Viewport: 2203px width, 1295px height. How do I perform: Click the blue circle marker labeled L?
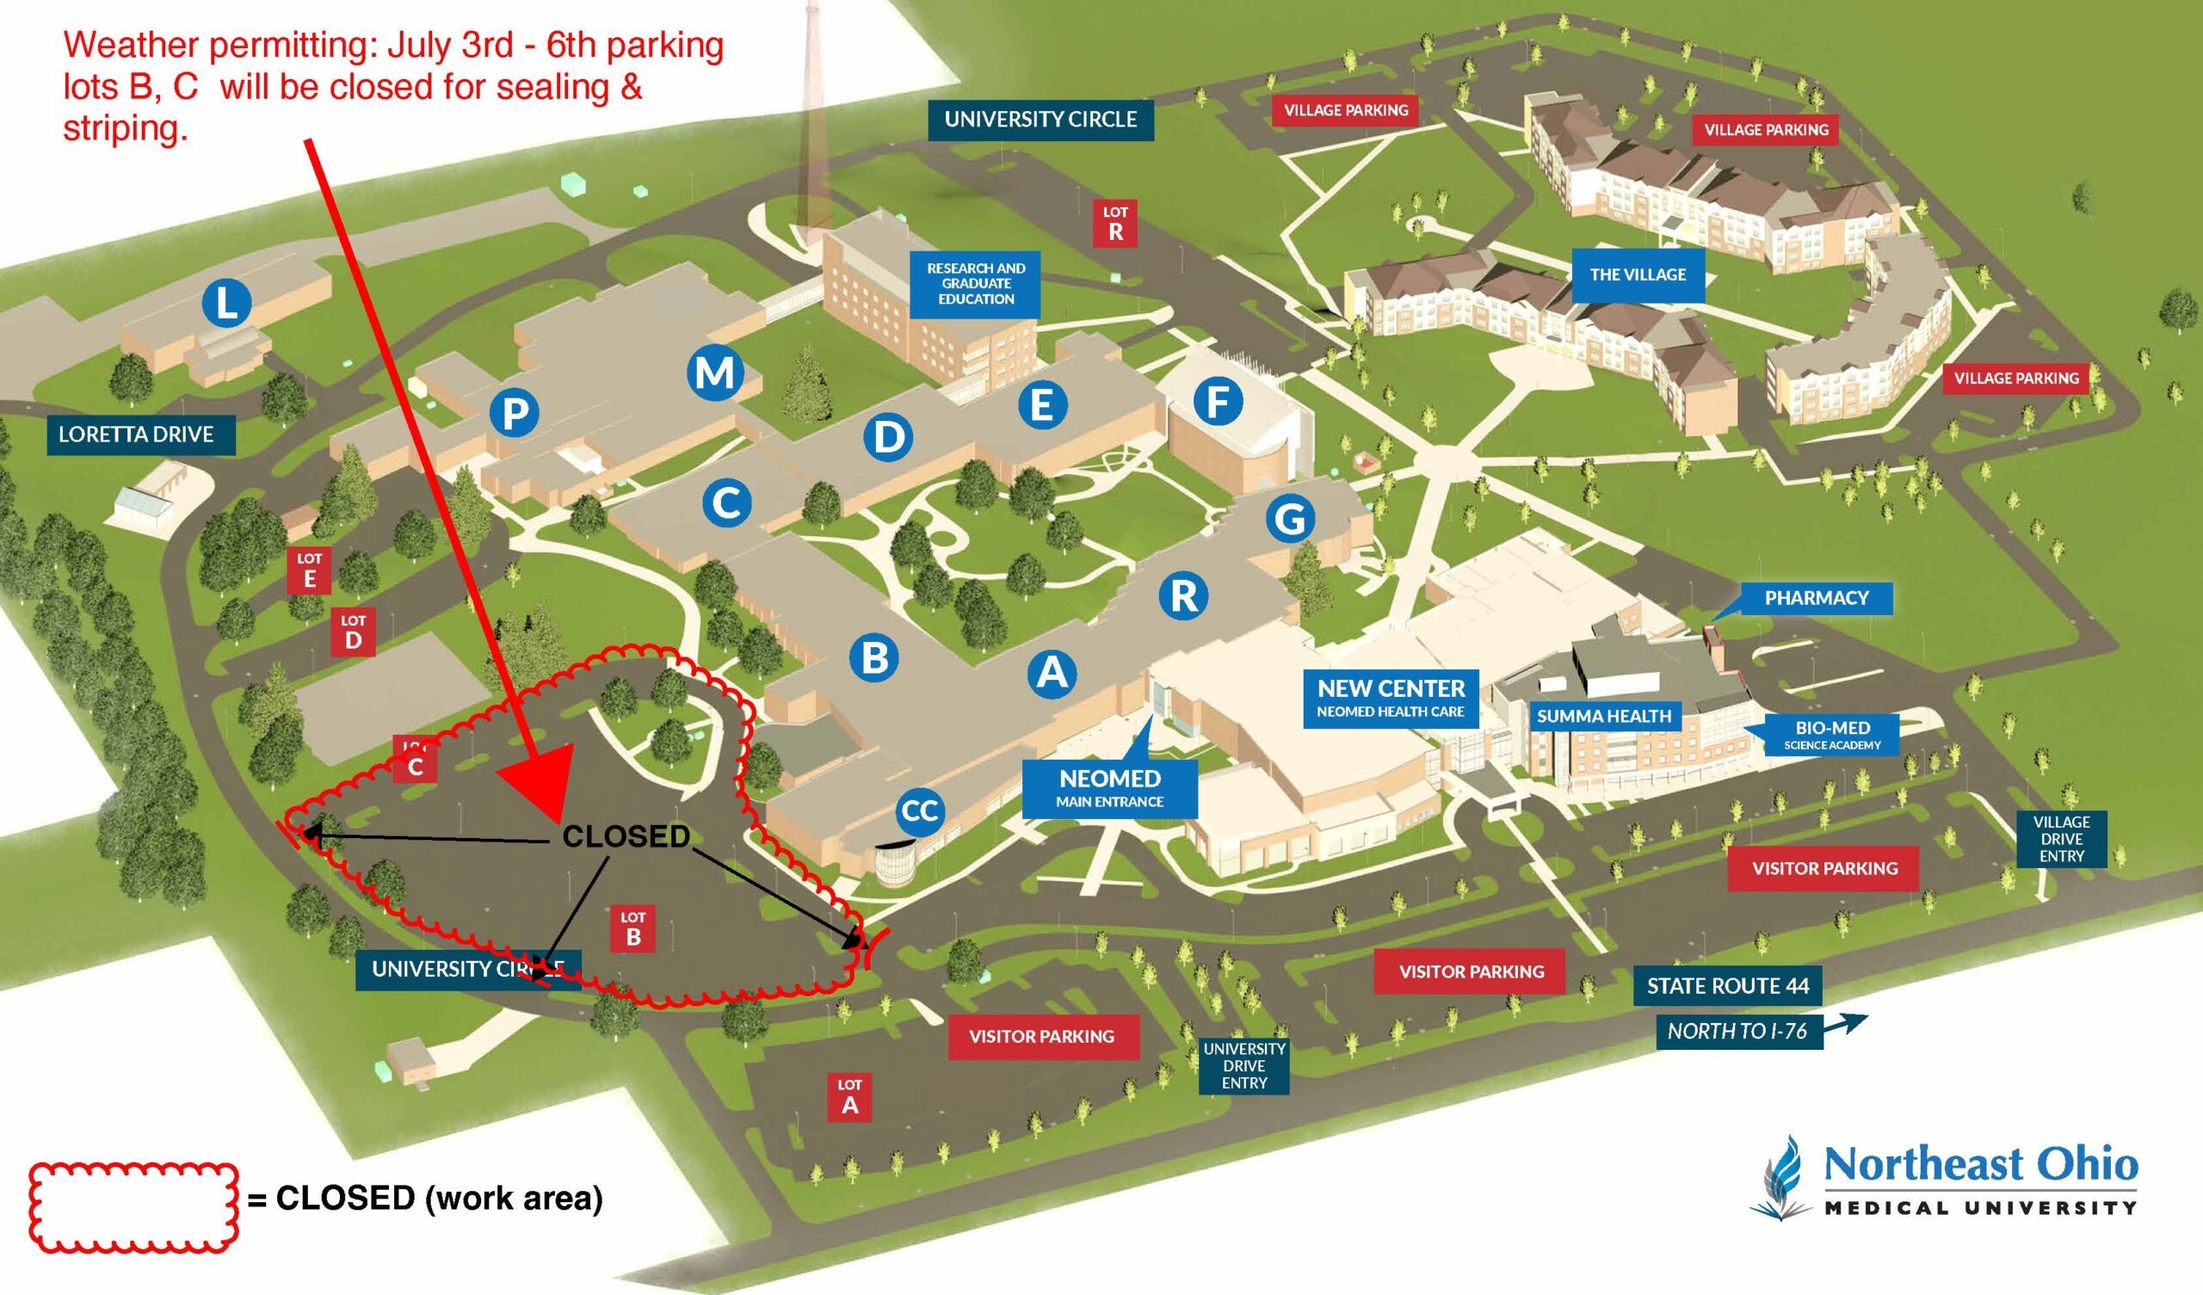coord(226,303)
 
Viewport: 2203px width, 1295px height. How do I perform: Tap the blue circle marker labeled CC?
coord(920,811)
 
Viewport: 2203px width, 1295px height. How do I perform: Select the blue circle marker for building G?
coord(1290,519)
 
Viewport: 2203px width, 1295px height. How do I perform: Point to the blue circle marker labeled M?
coord(714,373)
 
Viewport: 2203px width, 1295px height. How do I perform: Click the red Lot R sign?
coord(1115,223)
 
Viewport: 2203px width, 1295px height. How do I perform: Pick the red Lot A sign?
coord(849,1096)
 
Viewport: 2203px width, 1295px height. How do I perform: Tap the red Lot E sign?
coord(310,570)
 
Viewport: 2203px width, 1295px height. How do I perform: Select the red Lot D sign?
coord(353,632)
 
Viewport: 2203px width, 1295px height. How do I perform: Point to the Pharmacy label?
coord(1815,598)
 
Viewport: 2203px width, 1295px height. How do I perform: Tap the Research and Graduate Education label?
coord(976,283)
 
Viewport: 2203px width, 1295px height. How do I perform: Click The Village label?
coord(1638,274)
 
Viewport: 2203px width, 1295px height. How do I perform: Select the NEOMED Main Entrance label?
coord(1109,787)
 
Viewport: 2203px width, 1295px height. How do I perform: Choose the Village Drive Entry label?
coord(2060,839)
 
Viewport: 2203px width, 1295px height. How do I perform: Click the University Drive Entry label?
coord(1243,1065)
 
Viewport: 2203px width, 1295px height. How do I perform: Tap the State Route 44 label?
coord(1727,986)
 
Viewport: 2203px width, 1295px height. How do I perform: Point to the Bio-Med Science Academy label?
coord(1831,735)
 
